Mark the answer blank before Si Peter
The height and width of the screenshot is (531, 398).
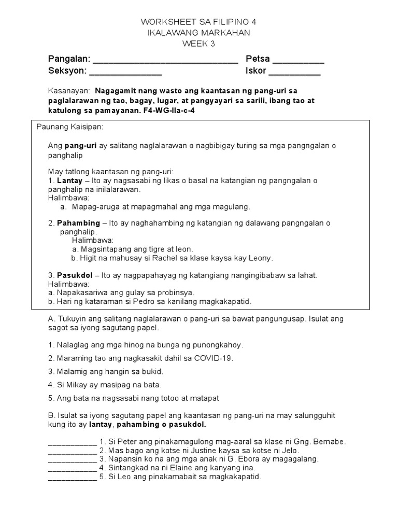click(72, 442)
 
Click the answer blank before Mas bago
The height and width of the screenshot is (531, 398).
click(72, 451)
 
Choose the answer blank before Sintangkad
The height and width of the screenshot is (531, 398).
click(72, 468)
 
